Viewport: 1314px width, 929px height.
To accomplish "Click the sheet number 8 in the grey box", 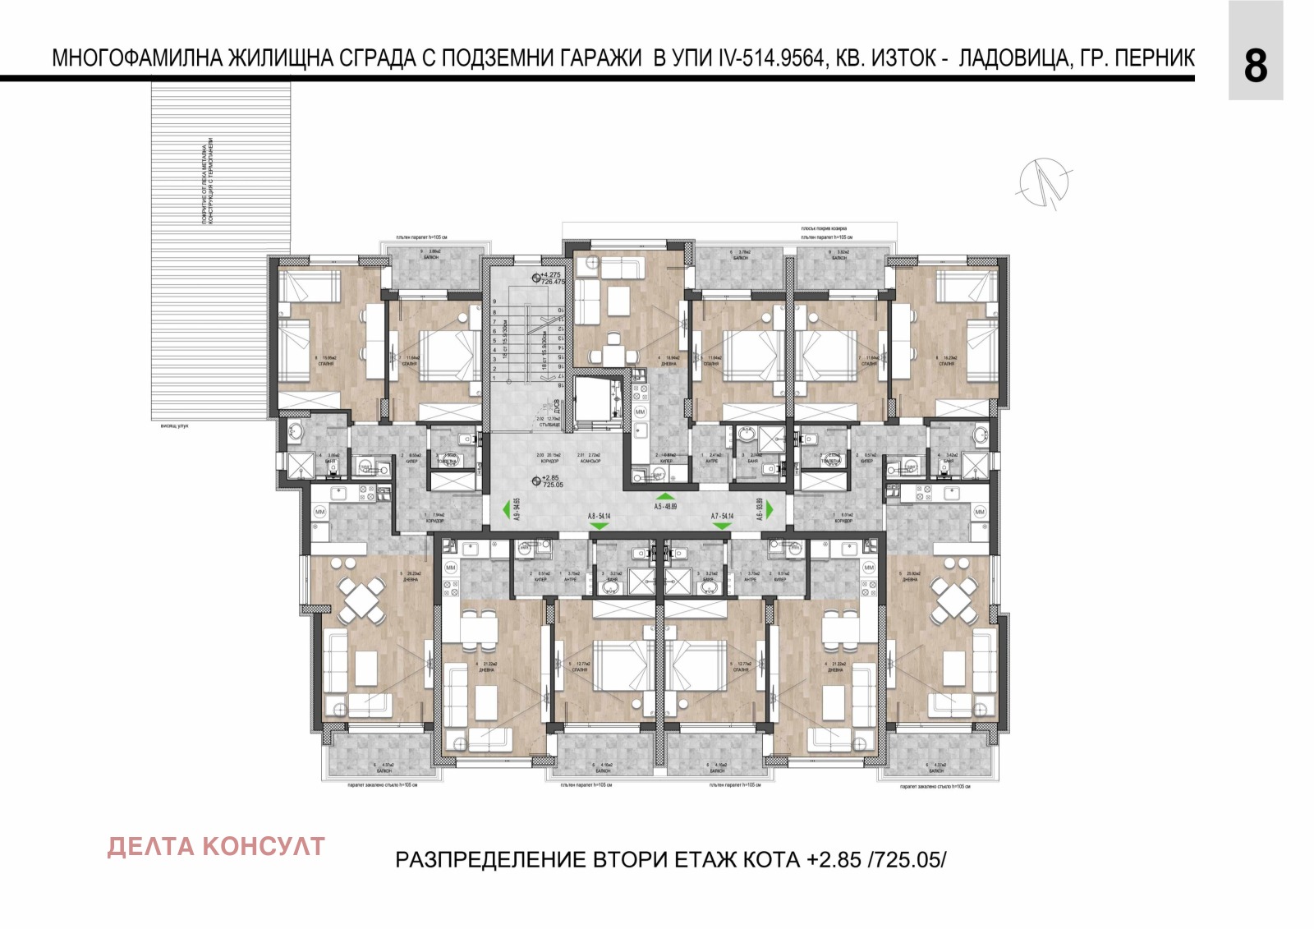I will click(x=1255, y=66).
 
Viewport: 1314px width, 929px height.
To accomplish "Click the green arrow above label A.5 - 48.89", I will click(x=664, y=496).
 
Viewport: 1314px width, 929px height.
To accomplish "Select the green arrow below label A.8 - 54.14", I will click(x=598, y=526).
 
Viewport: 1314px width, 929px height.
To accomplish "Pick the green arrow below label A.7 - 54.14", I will click(x=723, y=526).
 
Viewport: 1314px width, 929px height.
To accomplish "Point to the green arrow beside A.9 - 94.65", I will click(x=506, y=509).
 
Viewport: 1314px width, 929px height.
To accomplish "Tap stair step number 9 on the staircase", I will click(x=494, y=301).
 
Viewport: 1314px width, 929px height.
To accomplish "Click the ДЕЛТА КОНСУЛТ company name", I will click(x=216, y=847).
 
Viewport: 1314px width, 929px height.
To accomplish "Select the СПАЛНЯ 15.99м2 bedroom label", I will click(x=326, y=361).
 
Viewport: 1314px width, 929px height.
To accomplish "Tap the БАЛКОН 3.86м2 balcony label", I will click(x=430, y=255).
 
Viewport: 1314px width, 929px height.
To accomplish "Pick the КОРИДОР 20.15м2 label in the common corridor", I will click(x=549, y=458).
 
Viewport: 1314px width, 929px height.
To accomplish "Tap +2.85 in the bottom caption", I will click(x=835, y=860).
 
